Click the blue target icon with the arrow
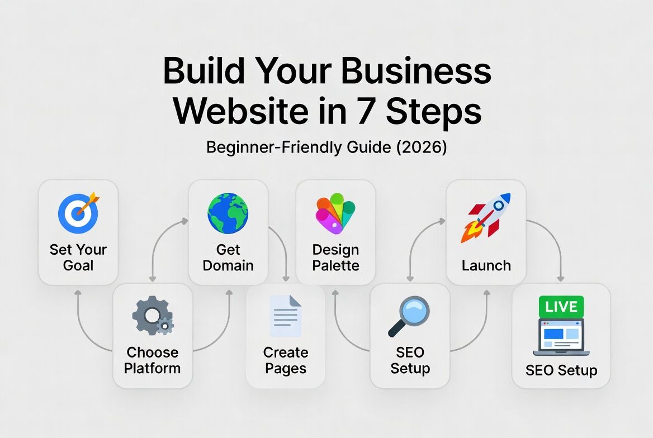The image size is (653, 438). click(78, 213)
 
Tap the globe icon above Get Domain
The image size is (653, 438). click(228, 213)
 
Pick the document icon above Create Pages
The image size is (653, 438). click(286, 316)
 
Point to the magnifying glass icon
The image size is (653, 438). click(409, 316)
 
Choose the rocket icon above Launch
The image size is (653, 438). click(485, 217)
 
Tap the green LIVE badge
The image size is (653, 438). click(561, 307)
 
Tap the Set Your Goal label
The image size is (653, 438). click(78, 257)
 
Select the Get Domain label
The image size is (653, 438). click(228, 257)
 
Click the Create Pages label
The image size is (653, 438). click(286, 360)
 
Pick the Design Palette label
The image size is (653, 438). click(335, 257)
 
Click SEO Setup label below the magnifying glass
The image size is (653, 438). click(410, 360)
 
